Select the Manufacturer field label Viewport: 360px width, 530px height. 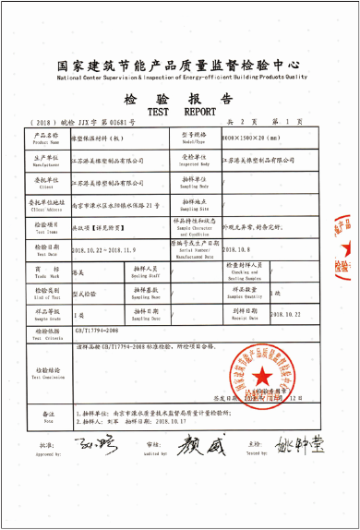[46, 161]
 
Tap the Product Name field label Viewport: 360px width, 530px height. [46, 139]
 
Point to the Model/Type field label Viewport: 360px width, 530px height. [191, 138]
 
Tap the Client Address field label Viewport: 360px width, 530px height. [46, 205]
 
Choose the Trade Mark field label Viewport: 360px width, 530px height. [46, 268]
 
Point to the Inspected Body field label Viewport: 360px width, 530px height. [190, 161]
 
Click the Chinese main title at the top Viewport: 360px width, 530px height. [179, 66]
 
